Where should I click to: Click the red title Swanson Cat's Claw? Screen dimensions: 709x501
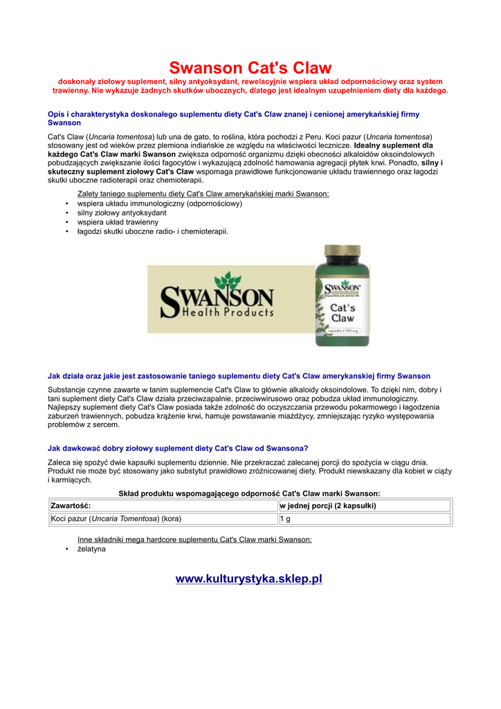point(250,68)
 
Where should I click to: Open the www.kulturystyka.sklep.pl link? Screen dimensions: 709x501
point(249,579)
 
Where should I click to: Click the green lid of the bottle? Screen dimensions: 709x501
point(341,258)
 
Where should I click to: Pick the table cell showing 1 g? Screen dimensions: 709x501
point(364,519)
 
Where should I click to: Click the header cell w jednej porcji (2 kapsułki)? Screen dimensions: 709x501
point(364,506)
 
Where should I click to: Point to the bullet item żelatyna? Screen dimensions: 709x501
point(91,549)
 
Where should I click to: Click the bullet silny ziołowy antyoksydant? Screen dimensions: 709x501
point(117,213)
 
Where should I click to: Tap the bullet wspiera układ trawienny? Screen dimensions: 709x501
point(118,222)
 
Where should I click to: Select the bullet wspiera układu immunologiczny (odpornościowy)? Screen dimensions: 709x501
point(159,204)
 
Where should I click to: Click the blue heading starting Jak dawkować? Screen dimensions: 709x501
point(178,448)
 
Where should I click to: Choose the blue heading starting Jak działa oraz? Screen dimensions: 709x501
point(239,377)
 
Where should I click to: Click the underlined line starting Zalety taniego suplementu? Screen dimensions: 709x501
point(203,194)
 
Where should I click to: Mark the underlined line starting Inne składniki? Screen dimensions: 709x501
point(194,539)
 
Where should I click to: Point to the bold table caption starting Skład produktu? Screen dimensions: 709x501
point(249,494)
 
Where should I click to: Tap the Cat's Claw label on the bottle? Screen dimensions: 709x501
point(342,312)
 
